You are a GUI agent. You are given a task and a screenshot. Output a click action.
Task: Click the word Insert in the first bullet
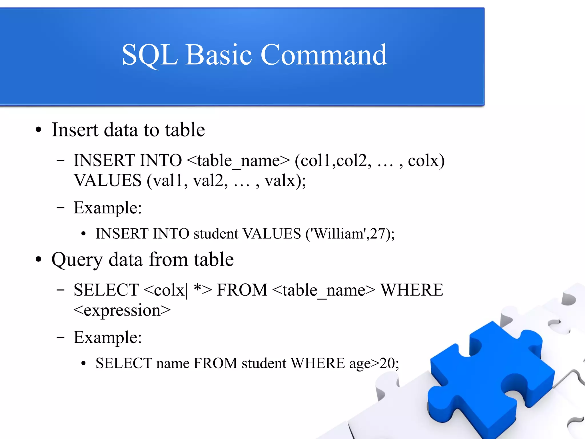click(75, 130)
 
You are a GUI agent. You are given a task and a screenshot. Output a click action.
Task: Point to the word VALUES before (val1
click(108, 180)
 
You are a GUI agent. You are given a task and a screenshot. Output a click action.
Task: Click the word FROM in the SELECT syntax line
click(242, 290)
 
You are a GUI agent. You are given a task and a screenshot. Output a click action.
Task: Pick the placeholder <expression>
click(122, 310)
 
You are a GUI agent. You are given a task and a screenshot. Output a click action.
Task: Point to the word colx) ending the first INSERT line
click(426, 161)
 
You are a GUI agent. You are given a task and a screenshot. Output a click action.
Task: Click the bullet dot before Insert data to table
click(39, 130)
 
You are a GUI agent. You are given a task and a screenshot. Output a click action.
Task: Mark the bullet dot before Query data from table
click(39, 260)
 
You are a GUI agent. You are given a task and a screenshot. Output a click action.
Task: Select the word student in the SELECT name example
click(264, 363)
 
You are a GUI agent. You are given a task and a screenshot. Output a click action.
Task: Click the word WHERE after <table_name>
click(412, 290)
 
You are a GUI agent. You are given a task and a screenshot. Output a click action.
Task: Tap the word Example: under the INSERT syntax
click(108, 208)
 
